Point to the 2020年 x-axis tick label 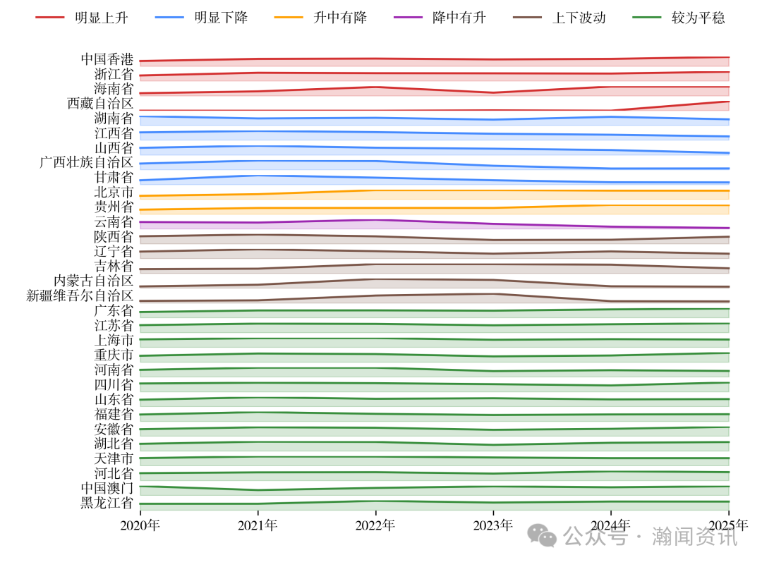pos(140,525)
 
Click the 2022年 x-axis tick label pos(375,525)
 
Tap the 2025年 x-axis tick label pos(728,525)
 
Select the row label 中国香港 pos(107,59)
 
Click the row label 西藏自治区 pos(100,104)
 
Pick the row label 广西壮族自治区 pos(87,163)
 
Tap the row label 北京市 pos(114,193)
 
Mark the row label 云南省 pos(114,222)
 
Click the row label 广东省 pos(114,311)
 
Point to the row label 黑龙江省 pos(107,503)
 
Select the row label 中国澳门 pos(107,488)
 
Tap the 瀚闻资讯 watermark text pos(695,537)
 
